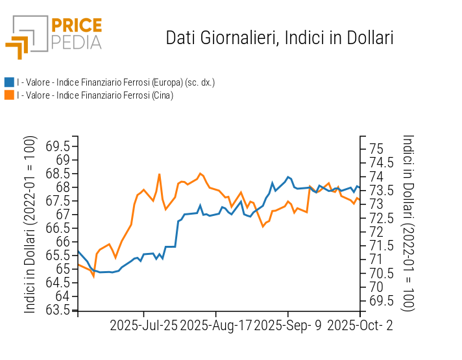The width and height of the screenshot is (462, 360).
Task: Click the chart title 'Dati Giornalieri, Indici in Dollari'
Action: (x=280, y=38)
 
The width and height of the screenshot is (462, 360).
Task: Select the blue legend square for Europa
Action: (x=9, y=82)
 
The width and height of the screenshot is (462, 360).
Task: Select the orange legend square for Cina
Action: (x=9, y=95)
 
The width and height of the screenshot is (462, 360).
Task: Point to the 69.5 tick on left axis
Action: (x=58, y=146)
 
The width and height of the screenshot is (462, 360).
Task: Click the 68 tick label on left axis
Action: (x=63, y=187)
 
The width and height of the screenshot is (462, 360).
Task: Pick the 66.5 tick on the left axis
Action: (x=58, y=228)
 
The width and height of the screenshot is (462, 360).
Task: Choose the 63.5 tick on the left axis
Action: (x=58, y=309)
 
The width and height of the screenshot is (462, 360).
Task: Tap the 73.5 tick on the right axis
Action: (x=380, y=189)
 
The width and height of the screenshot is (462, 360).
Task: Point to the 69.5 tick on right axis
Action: (x=380, y=300)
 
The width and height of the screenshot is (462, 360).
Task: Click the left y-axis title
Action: (x=30, y=224)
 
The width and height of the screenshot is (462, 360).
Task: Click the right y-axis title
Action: (x=408, y=222)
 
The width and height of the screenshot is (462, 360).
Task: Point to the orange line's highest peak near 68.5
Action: (x=160, y=174)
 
